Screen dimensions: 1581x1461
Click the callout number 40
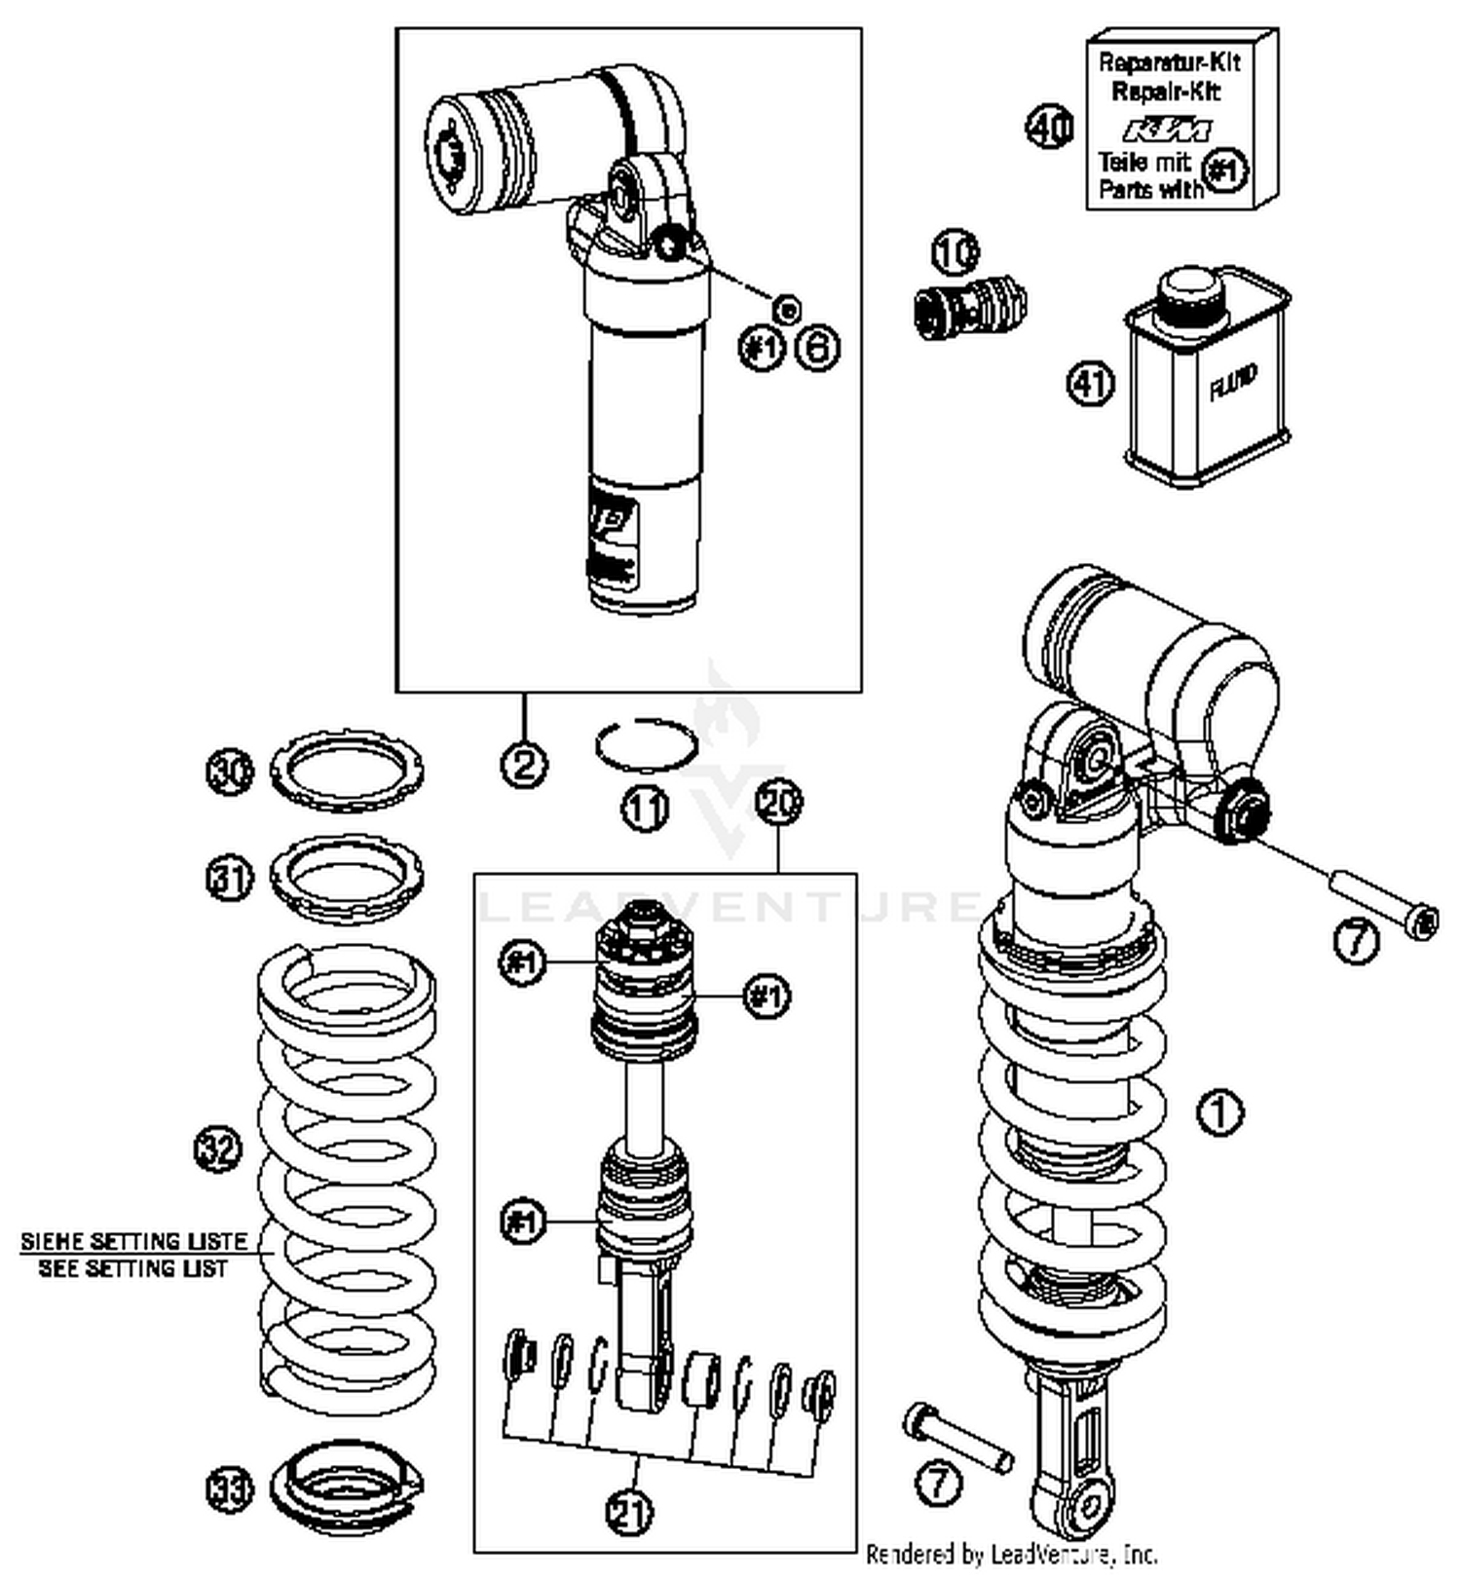point(1049,128)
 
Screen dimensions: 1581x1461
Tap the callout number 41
point(1090,383)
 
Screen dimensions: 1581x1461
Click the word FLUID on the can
point(1233,383)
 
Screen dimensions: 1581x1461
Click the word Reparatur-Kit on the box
point(1169,63)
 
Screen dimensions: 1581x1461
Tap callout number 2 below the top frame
point(524,763)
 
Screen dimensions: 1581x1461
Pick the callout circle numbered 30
point(230,772)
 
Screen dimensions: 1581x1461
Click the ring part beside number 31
point(346,880)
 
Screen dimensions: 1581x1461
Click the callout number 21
point(630,1513)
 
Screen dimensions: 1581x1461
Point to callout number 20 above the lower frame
point(779,804)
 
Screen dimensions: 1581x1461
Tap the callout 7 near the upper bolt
point(1356,941)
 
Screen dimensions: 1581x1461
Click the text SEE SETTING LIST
point(132,1268)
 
